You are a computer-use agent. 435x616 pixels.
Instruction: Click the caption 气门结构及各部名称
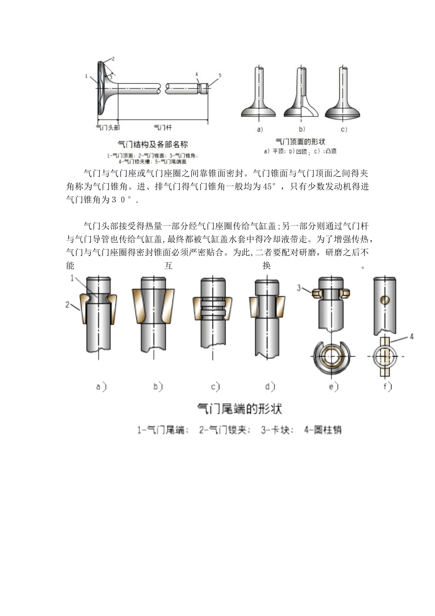[153, 144]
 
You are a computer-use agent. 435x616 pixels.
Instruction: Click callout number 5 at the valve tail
[220, 75]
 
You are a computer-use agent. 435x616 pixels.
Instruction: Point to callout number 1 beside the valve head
[86, 76]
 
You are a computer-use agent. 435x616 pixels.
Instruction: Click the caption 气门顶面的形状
[300, 142]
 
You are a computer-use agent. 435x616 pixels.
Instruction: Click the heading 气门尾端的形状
[239, 409]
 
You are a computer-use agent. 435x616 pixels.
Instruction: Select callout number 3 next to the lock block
[299, 288]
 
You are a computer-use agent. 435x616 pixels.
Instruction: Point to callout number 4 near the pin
[411, 337]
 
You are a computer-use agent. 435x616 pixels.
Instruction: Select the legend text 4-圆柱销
[323, 430]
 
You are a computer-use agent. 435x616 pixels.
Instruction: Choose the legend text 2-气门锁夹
[225, 430]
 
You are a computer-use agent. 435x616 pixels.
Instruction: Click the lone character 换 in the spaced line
[266, 265]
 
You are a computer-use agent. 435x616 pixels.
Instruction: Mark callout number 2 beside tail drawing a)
[67, 304]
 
